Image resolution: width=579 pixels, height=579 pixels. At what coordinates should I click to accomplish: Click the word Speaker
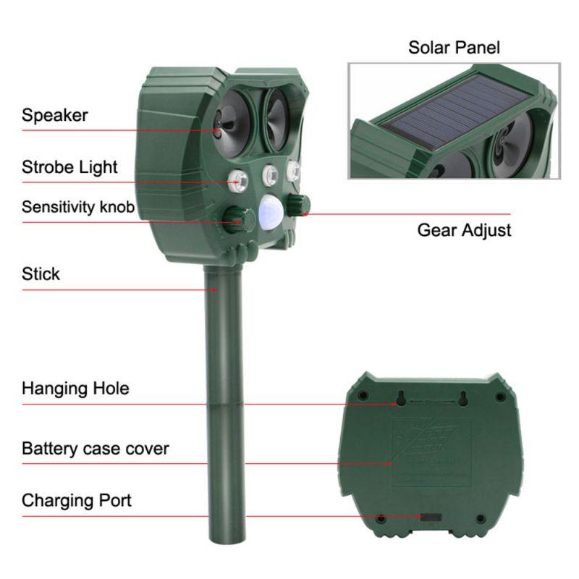coord(54,114)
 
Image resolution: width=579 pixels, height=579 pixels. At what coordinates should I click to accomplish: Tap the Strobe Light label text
coord(69,167)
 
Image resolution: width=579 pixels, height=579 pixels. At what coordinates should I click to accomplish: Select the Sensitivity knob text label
coord(77,207)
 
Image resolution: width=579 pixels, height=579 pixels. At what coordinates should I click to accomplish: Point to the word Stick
coord(41,274)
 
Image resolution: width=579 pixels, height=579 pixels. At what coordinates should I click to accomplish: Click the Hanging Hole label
coord(75,388)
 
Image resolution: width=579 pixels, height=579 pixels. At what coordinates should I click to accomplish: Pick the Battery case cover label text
coord(95,448)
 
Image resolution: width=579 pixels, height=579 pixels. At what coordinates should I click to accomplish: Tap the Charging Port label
coord(77,500)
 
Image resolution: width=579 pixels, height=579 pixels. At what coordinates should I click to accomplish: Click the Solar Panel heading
coord(454,48)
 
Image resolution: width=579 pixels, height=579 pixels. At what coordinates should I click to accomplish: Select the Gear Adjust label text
coord(464,230)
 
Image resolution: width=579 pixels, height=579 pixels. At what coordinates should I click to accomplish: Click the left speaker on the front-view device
coord(232,119)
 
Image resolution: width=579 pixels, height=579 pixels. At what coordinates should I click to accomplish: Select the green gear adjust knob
coord(298,203)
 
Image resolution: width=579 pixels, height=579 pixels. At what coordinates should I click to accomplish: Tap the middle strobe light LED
coord(271,175)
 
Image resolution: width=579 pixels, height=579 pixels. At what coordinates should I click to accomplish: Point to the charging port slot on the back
coord(431,517)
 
